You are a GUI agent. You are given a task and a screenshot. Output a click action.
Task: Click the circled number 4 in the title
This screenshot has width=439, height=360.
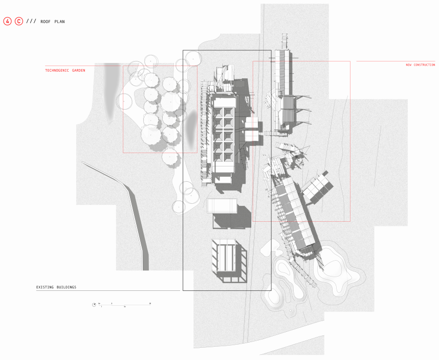coord(7,22)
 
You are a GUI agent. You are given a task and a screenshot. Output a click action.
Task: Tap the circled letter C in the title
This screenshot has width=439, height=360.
coord(19,22)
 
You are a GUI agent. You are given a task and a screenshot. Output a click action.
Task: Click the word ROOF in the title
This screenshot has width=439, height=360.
coord(46,22)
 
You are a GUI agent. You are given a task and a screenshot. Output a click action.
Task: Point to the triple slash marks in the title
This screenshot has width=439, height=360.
coord(31,22)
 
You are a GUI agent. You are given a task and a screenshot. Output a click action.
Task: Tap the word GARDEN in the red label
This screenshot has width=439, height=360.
coord(79,70)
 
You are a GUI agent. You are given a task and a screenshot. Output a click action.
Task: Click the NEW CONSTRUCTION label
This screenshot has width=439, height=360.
coord(420,65)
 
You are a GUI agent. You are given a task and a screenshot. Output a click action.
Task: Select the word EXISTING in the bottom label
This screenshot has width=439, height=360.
coord(46,287)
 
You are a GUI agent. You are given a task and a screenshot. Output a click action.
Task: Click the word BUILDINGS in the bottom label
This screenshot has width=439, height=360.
coord(67,287)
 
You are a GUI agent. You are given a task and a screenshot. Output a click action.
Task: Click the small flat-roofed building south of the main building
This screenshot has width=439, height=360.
coord(222,206)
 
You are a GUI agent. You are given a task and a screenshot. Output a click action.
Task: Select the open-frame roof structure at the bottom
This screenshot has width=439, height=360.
coord(228,260)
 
